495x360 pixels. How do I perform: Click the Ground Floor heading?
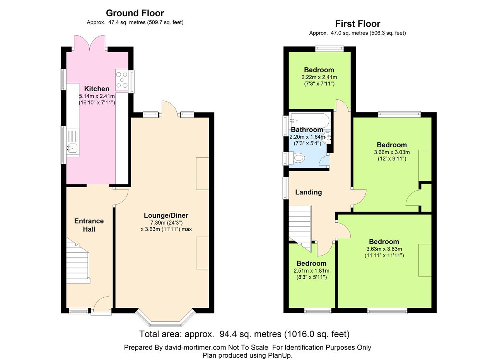[x=135, y=13]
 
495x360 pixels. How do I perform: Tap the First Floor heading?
[x=358, y=24]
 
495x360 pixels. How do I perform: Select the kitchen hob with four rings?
[x=122, y=80]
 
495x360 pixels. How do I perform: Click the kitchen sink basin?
[x=72, y=148]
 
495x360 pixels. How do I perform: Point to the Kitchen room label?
[x=97, y=89]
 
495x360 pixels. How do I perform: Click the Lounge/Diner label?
[x=166, y=215]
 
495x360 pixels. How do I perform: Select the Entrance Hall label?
[x=89, y=225]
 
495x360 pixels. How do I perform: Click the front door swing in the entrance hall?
[x=101, y=304]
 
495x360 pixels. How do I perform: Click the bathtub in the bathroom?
[x=311, y=120]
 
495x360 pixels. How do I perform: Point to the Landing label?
[x=309, y=192]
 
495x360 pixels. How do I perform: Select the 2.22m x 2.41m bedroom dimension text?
[x=319, y=77]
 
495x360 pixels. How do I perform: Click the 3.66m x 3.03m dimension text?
[x=392, y=152]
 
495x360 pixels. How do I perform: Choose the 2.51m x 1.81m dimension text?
[x=311, y=271]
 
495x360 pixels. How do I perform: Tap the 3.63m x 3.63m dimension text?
[x=384, y=249]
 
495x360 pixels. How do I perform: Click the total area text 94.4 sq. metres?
[x=250, y=334]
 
